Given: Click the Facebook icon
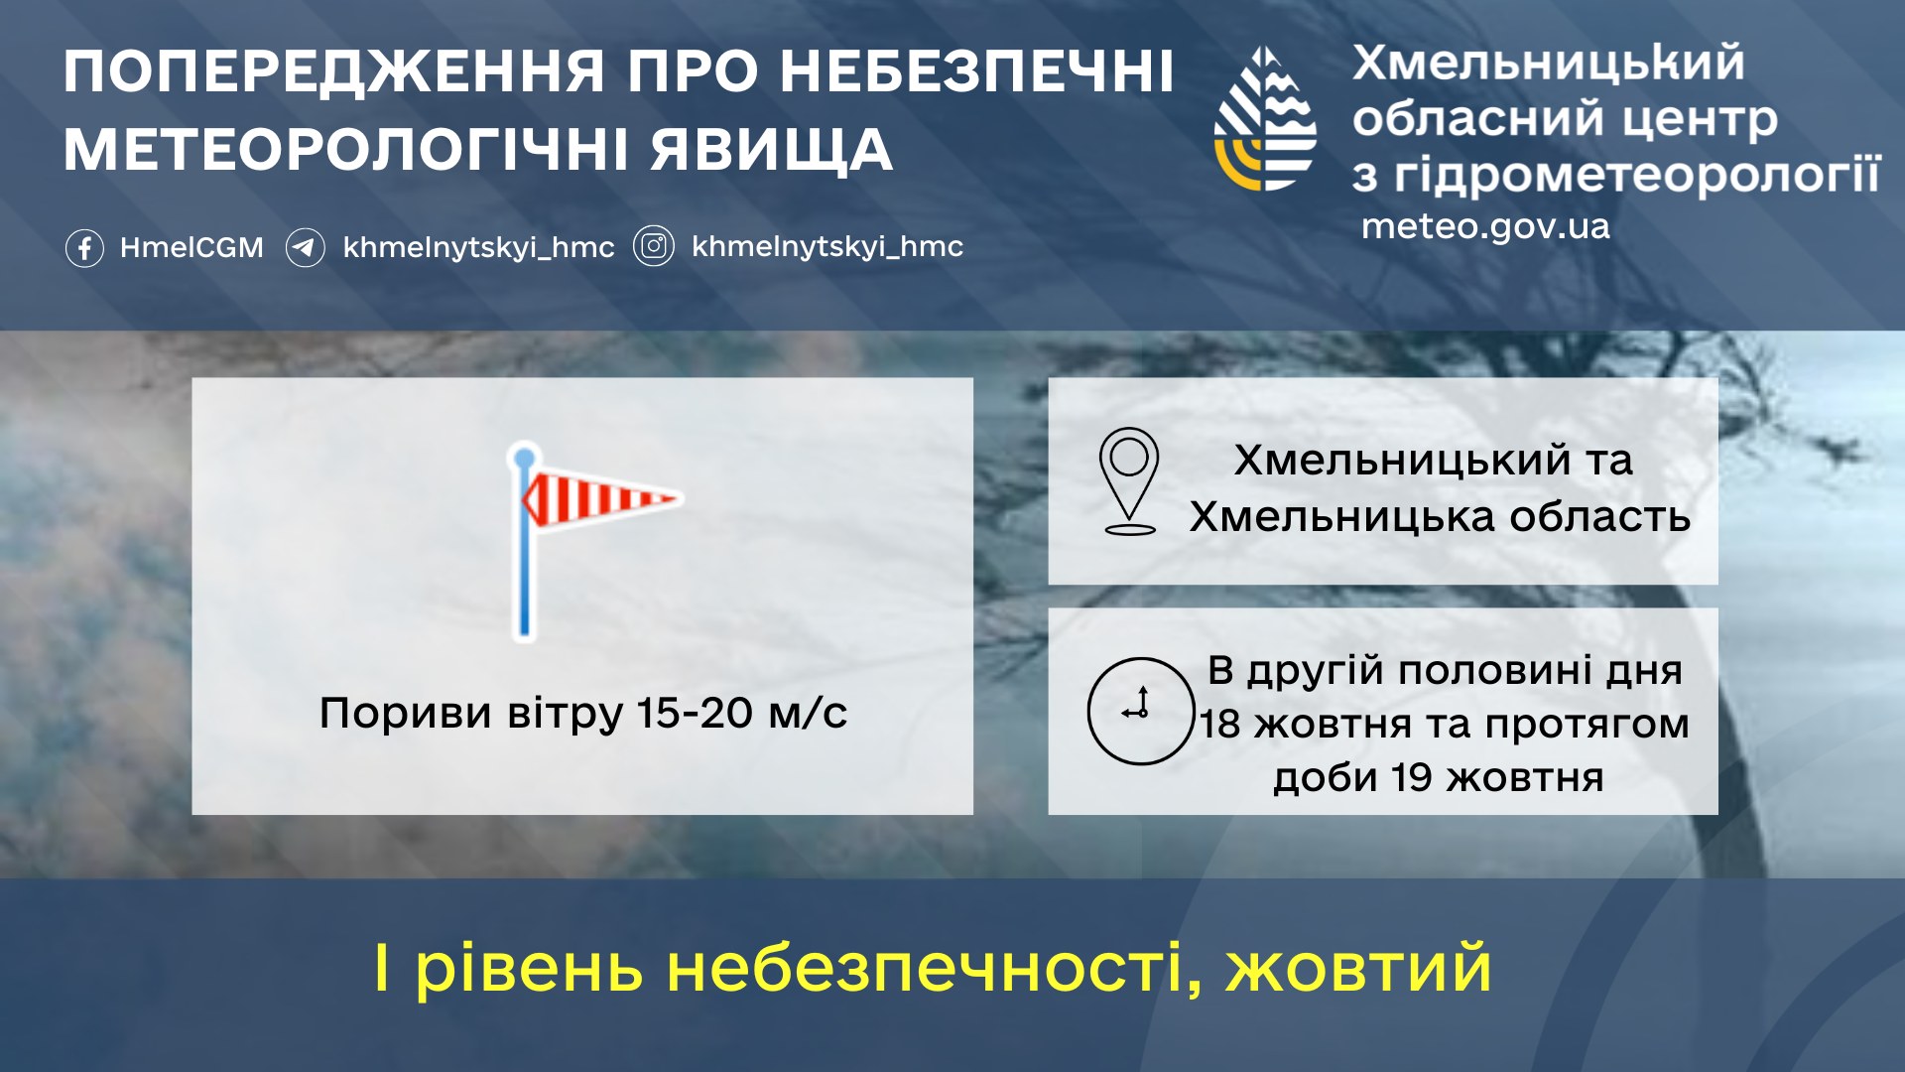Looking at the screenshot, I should [x=84, y=248].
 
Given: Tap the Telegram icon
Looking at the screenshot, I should [x=306, y=248].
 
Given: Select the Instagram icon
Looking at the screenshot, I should [x=654, y=246].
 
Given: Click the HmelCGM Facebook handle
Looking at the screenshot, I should [x=191, y=248].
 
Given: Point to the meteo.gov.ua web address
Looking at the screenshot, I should [x=1485, y=226].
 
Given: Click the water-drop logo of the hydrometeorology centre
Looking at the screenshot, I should [x=1265, y=119].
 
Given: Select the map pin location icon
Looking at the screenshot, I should [x=1129, y=480].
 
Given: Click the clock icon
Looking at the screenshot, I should [x=1140, y=711].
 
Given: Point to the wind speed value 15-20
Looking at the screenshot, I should [x=695, y=714].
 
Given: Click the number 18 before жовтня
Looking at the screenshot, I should [x=1220, y=725].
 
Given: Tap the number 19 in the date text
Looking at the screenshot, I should [x=1411, y=778].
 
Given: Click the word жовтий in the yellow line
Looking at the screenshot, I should [x=1358, y=969].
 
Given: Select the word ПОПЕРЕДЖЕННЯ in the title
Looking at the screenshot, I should [x=333, y=71].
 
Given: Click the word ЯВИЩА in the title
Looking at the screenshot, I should [x=772, y=150].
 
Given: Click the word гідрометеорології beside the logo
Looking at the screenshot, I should [x=1637, y=175].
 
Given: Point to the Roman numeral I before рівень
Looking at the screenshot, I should [x=382, y=969].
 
